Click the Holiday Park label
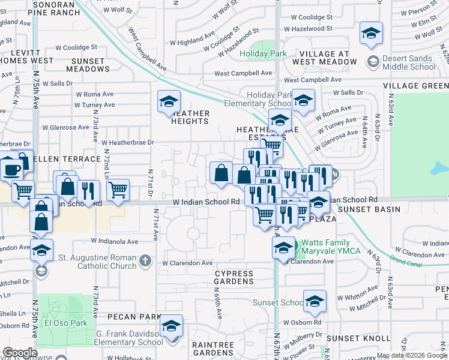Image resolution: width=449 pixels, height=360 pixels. click(263, 53)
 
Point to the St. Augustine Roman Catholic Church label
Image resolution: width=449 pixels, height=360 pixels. click(97, 262)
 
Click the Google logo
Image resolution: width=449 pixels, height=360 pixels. click(20, 353)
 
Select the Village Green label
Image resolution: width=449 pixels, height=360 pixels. click(416, 86)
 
